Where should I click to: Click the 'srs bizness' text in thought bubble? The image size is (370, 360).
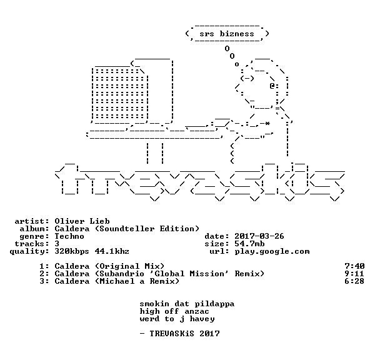[227, 34]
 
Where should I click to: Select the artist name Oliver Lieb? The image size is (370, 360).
[82, 221]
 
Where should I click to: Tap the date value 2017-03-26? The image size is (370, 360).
[259, 236]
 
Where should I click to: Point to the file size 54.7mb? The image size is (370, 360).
[249, 244]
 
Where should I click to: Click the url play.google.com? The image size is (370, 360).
[272, 252]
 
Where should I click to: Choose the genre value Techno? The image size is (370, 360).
[69, 236]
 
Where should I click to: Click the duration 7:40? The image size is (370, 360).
[354, 266]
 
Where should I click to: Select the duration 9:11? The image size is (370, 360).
[354, 274]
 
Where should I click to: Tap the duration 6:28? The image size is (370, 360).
[354, 281]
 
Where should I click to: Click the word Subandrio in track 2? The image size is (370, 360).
[122, 274]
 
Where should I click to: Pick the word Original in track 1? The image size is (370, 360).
[119, 267]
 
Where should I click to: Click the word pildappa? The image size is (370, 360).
[214, 304]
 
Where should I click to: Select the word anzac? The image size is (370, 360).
[197, 312]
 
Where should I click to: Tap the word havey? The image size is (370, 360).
[202, 319]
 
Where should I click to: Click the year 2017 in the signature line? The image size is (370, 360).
[209, 334]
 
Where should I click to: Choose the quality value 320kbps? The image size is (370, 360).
[72, 251]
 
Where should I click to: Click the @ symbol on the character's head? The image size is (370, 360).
[272, 86]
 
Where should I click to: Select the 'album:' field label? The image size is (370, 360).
[34, 229]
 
